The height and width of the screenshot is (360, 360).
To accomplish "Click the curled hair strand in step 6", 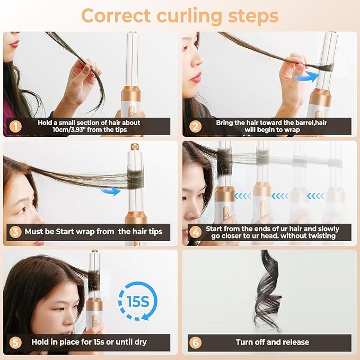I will pyautogui.click(x=268, y=292).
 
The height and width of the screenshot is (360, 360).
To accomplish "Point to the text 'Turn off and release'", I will pyautogui.click(x=272, y=342).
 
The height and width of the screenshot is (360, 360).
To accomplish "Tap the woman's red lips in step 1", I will pyautogui.click(x=14, y=42).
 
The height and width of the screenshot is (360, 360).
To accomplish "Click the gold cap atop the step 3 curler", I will pyautogui.click(x=135, y=147).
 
